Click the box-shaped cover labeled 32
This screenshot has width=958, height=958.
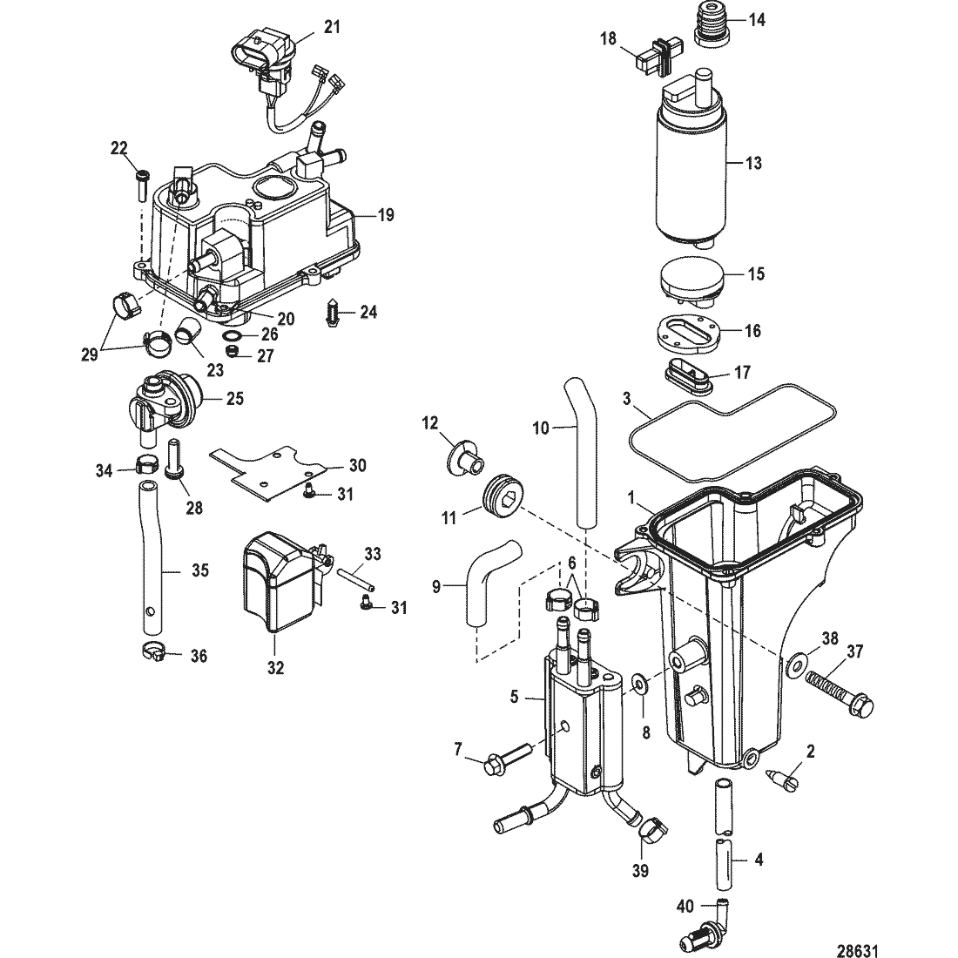(280, 584)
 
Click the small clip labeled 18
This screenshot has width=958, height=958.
(653, 61)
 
